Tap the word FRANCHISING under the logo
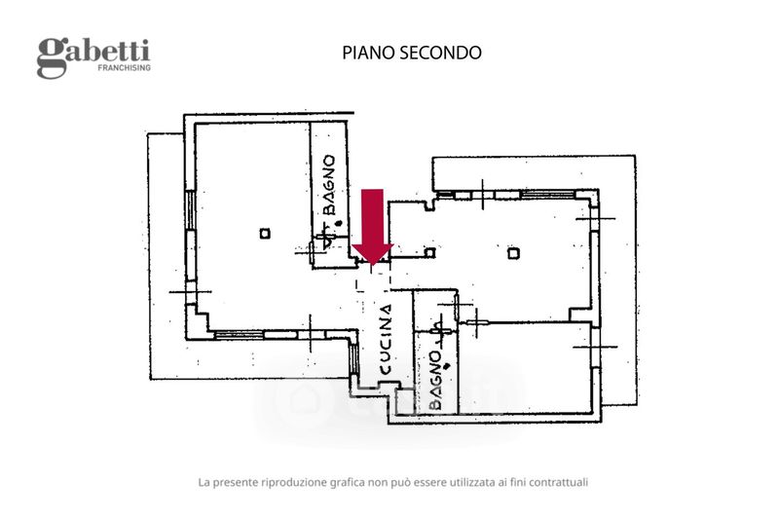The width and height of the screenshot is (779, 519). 125,67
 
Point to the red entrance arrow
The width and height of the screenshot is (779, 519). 373,227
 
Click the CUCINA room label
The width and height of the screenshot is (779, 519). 386,339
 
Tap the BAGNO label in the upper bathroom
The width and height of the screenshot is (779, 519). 328,185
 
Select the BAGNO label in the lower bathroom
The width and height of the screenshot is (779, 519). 434,381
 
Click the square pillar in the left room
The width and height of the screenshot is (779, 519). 265,233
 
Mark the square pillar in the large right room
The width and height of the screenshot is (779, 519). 514,254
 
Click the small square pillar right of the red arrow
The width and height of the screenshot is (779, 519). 430,253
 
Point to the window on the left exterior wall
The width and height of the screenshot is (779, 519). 189,210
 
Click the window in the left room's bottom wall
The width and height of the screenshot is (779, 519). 238,334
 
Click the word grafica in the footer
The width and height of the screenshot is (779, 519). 348,483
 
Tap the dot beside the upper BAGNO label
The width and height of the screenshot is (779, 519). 339,223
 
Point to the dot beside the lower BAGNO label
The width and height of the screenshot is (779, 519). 447,366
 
